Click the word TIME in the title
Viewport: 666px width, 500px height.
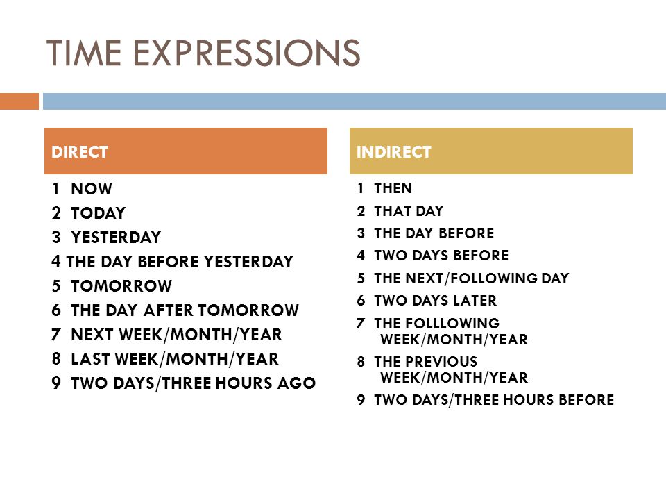[84, 53]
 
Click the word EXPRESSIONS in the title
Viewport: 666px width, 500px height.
[247, 53]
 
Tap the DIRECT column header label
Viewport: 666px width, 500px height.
[79, 152]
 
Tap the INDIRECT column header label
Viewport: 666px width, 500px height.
[394, 152]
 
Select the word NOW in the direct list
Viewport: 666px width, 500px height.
[92, 189]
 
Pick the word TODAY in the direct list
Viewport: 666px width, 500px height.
[98, 213]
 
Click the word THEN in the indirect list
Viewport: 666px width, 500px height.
[393, 188]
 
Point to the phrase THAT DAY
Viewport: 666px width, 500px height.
[409, 211]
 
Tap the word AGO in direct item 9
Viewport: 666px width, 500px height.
[296, 383]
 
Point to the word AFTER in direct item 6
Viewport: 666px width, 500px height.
[168, 310]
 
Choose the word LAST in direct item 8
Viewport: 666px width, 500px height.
[90, 359]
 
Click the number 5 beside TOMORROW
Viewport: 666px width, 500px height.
[56, 285]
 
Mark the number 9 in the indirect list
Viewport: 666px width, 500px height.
[361, 400]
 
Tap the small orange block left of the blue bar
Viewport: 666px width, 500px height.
[19, 101]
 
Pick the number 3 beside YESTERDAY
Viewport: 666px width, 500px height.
[56, 237]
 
